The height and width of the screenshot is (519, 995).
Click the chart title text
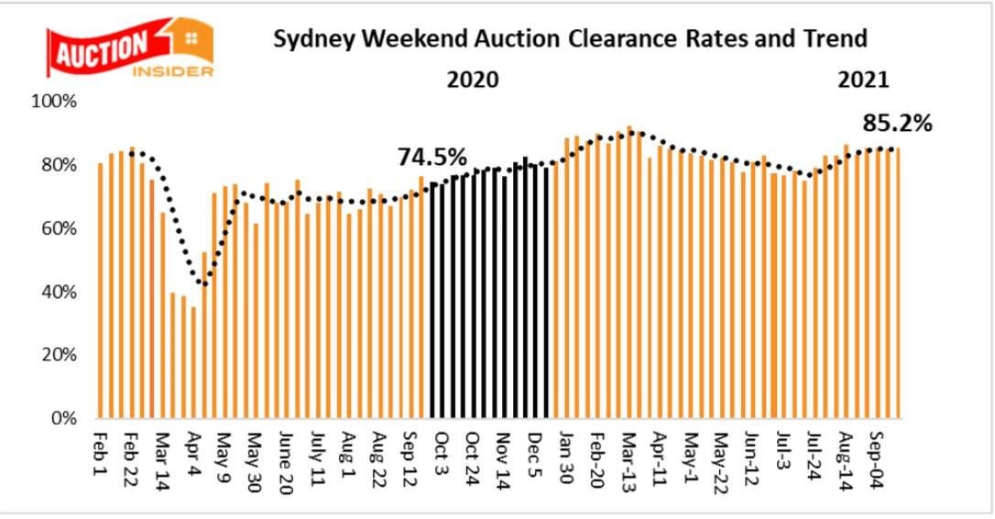pyautogui.click(x=567, y=39)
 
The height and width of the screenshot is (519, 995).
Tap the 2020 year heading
pyautogui.click(x=472, y=79)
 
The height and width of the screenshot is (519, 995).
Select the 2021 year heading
pyautogui.click(x=863, y=79)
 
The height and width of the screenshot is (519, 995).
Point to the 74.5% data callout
pyautogui.click(x=432, y=157)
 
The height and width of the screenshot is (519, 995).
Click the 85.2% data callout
pyautogui.click(x=897, y=123)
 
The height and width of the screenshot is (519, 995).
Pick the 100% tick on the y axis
pyautogui.click(x=57, y=101)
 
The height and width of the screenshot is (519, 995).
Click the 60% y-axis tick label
pyautogui.click(x=60, y=228)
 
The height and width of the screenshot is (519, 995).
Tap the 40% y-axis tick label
pyautogui.click(x=60, y=292)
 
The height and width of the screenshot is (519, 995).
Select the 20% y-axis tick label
pyautogui.click(x=60, y=355)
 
